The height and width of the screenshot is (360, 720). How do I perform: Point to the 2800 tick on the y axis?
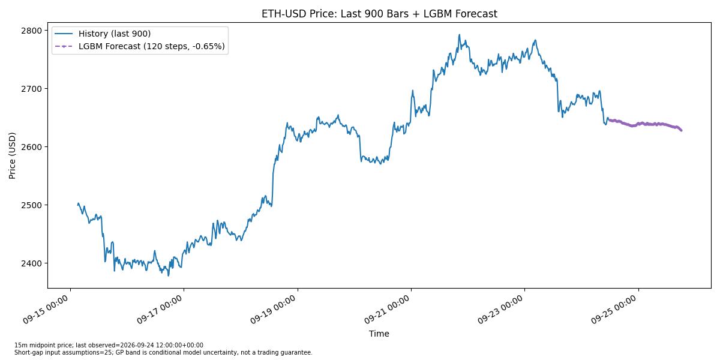point(31,31)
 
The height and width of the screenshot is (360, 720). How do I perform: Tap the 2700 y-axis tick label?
point(31,89)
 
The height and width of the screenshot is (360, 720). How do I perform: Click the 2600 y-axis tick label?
point(31,147)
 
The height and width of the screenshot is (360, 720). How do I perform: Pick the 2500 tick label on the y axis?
point(31,205)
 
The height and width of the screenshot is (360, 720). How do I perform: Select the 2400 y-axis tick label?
point(31,263)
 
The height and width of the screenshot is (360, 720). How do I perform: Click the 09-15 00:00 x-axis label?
point(46,310)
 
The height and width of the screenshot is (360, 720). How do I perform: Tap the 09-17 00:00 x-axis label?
point(160,310)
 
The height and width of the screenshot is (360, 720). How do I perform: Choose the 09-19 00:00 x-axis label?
point(274,310)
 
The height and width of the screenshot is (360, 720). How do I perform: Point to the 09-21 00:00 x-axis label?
point(387,310)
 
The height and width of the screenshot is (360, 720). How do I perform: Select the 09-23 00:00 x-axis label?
point(501,310)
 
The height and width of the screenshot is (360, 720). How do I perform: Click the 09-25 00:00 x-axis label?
point(614,310)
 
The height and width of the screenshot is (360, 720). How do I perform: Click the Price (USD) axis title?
point(12,155)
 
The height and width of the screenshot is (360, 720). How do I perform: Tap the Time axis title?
point(379,334)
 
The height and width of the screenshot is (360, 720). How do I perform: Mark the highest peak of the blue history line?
point(460,35)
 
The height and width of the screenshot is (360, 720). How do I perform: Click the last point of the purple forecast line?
point(682,131)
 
